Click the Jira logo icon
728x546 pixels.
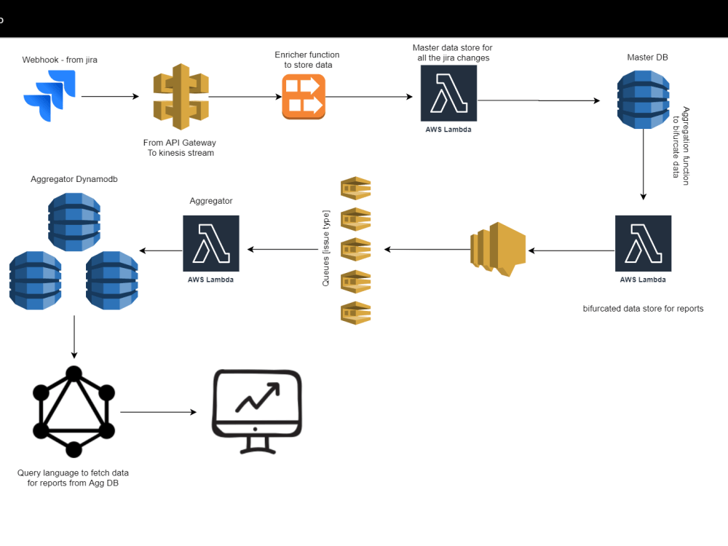tap(48, 95)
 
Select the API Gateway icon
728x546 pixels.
tap(181, 95)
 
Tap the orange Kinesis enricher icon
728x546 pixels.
tap(304, 97)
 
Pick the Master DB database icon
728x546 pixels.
tap(643, 100)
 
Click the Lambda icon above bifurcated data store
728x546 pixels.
tap(643, 243)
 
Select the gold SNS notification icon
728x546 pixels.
tap(499, 250)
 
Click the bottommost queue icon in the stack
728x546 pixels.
tap(357, 312)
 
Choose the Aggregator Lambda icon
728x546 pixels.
tap(210, 243)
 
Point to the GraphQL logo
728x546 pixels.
tap(74, 412)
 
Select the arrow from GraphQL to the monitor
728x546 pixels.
tap(159, 412)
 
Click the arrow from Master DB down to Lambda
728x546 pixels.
tap(643, 165)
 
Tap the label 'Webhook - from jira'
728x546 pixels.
tap(60, 60)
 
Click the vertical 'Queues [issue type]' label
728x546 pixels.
tap(326, 248)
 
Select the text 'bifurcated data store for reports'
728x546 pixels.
tap(643, 309)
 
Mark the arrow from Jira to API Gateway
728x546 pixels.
tap(109, 96)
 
